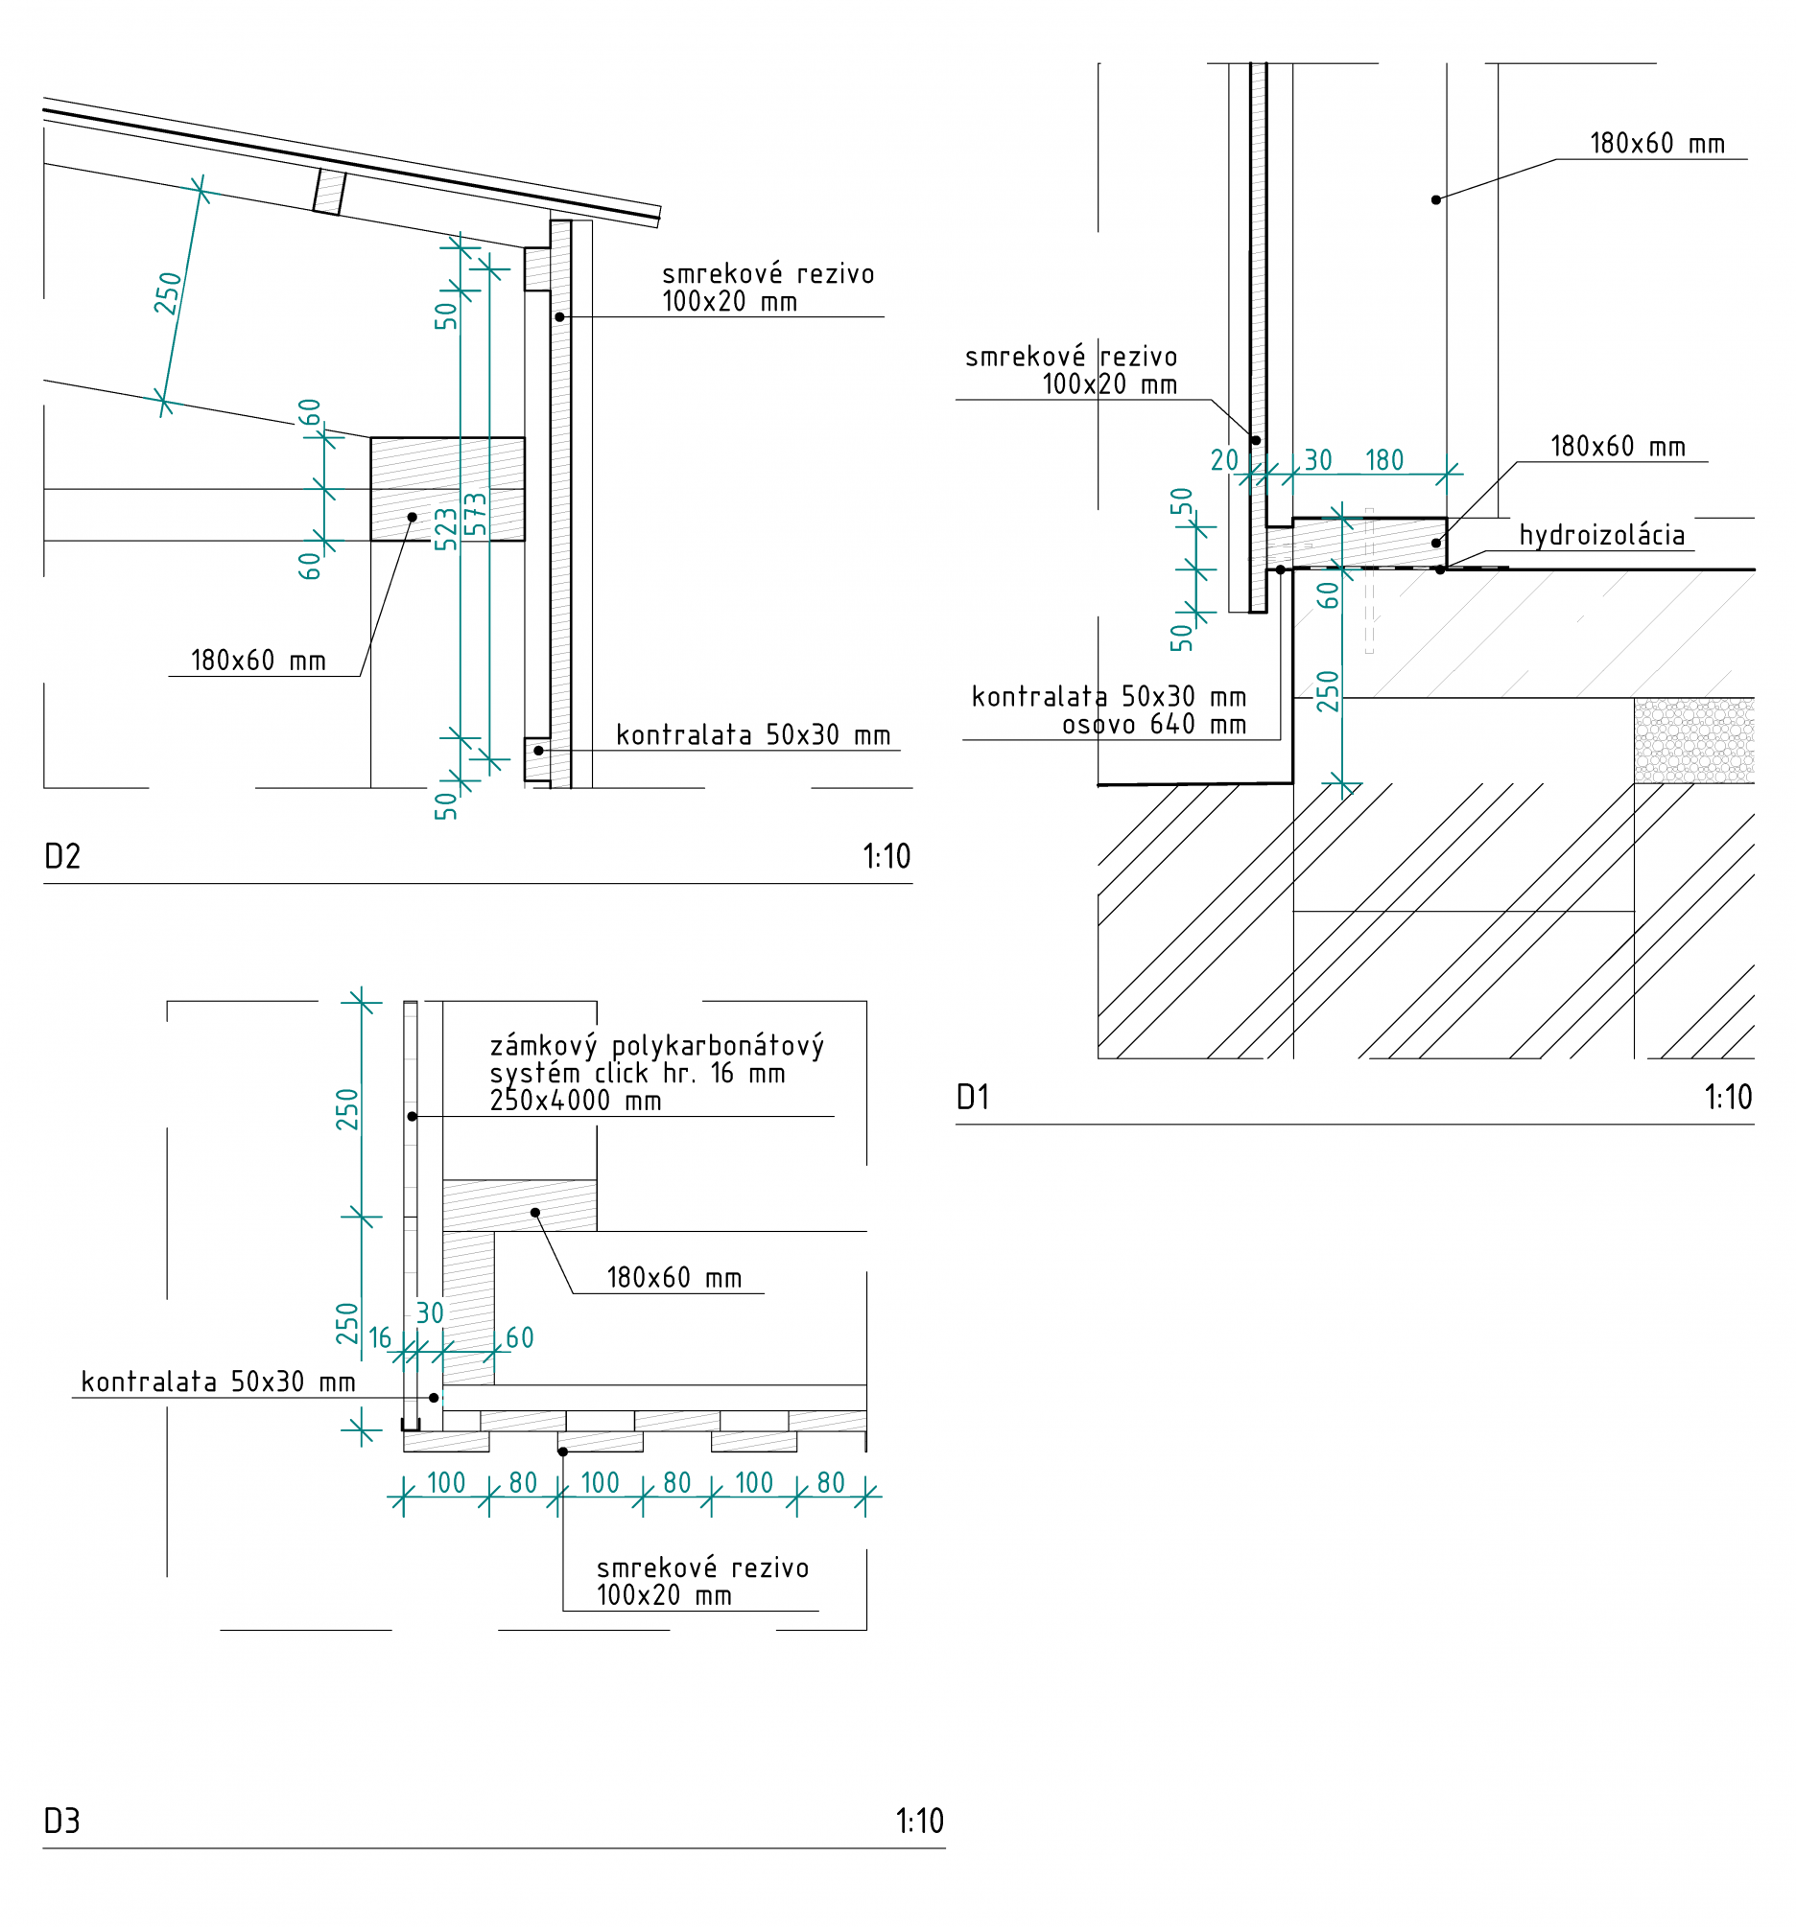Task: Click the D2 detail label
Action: [x=62, y=857]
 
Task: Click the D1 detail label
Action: [x=973, y=1098]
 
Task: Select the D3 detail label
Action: [x=62, y=1822]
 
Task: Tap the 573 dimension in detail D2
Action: [x=475, y=515]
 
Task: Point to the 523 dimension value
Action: [x=445, y=529]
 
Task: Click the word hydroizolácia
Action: [x=1601, y=535]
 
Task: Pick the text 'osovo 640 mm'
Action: [x=1154, y=724]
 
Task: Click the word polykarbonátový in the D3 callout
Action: [x=718, y=1046]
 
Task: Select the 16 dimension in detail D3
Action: [x=380, y=1338]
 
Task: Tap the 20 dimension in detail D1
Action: [x=1224, y=460]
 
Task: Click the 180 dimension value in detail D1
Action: [x=1383, y=460]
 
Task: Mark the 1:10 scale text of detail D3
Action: [x=919, y=1822]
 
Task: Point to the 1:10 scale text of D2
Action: [x=886, y=857]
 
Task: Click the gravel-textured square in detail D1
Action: [x=1693, y=740]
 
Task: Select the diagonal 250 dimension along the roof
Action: [x=168, y=293]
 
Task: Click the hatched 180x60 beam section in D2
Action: [x=447, y=489]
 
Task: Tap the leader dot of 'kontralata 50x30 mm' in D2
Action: [x=538, y=751]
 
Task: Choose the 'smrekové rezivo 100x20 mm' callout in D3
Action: [x=702, y=1581]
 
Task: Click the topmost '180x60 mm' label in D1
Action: [x=1656, y=145]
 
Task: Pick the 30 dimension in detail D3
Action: [x=430, y=1313]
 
